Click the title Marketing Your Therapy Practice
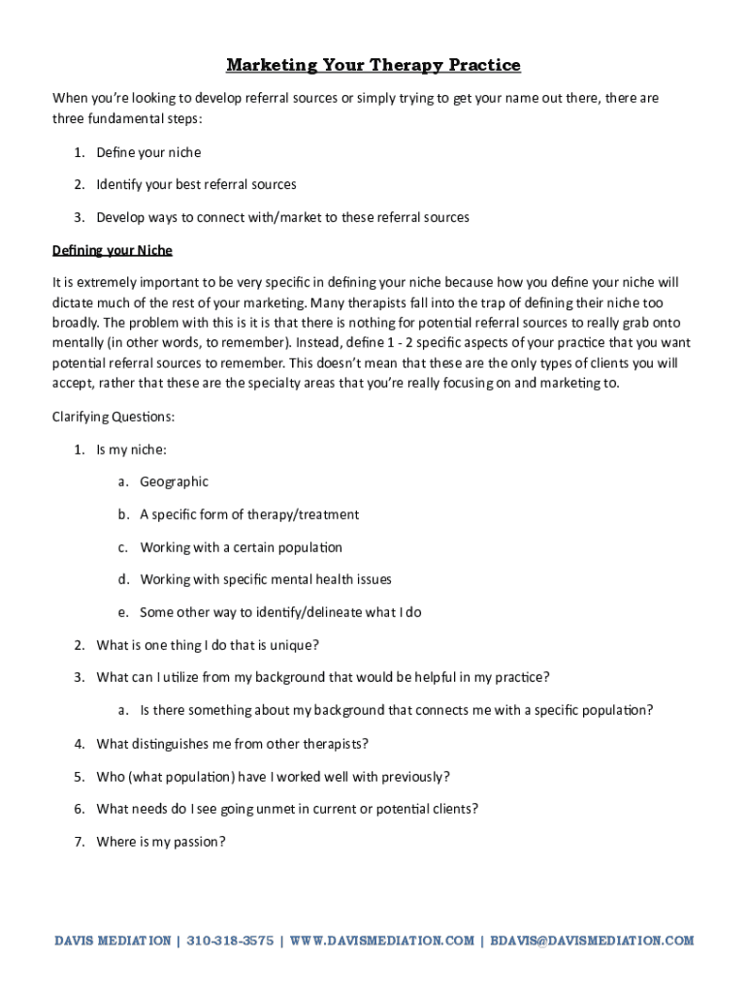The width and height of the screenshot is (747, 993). click(373, 65)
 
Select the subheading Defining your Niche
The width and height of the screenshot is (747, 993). click(112, 250)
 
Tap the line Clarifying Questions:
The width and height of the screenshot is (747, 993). click(113, 417)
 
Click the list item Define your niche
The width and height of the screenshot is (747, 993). click(148, 152)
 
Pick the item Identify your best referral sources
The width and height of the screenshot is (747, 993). click(196, 184)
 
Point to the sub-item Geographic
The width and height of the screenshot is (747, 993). click(174, 482)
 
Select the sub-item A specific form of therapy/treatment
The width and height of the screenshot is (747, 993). click(249, 514)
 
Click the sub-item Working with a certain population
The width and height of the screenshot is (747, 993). click(241, 547)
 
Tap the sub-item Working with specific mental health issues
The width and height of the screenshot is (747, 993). click(266, 580)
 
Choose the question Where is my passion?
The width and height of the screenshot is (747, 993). click(160, 842)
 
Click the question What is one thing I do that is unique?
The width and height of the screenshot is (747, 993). click(208, 645)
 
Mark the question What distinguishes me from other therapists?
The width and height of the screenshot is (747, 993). click(232, 744)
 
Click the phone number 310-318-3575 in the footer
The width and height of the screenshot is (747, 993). click(230, 941)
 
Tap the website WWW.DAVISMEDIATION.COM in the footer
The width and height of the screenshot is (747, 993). click(382, 941)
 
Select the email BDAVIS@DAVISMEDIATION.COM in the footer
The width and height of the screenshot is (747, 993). click(593, 941)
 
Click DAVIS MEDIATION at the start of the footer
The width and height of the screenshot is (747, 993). click(111, 941)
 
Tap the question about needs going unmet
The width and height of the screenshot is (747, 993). click(287, 809)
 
